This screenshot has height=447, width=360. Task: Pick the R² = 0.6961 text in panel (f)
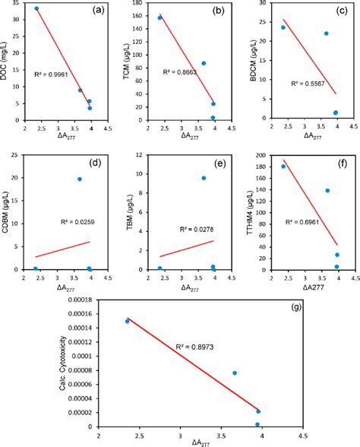(x=304, y=221)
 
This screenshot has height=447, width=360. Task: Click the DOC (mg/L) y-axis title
(x=7, y=59)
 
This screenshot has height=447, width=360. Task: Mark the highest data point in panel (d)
(x=79, y=179)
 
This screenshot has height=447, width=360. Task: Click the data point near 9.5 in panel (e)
(x=204, y=178)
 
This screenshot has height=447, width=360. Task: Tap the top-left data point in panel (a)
(x=36, y=8)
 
